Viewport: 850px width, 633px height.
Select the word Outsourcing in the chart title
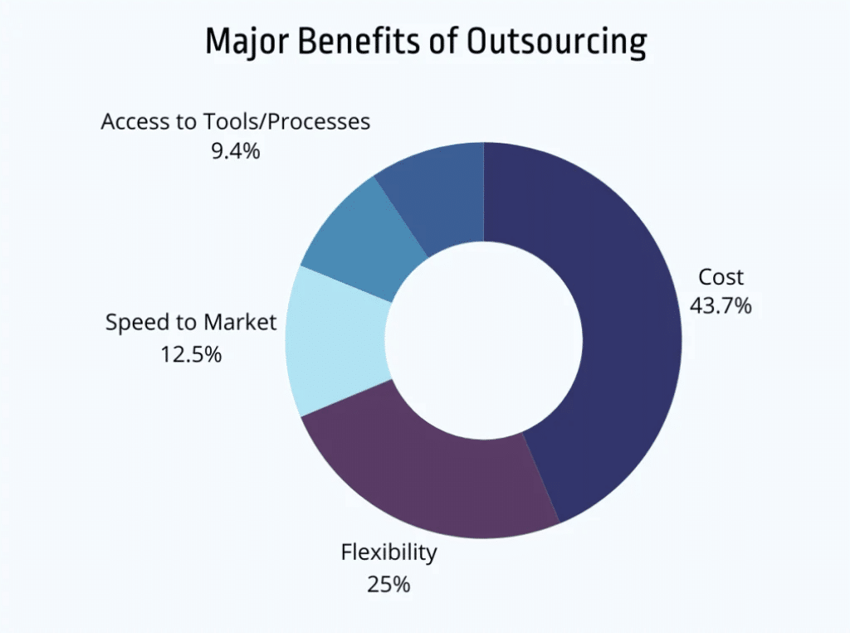point(556,42)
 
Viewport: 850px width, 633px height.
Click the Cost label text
point(721,277)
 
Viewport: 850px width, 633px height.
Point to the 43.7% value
point(721,305)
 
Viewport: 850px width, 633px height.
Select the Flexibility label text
point(388,553)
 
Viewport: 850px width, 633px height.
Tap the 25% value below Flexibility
point(388,583)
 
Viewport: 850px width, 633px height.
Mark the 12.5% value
point(190,354)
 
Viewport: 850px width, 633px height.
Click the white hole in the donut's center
point(483,340)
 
